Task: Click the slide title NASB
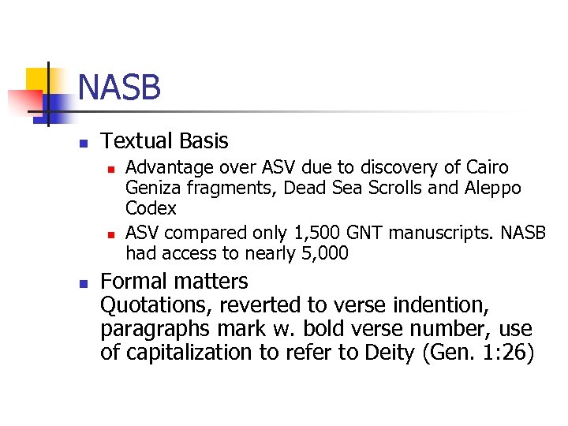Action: (120, 88)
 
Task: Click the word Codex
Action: (151, 209)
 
